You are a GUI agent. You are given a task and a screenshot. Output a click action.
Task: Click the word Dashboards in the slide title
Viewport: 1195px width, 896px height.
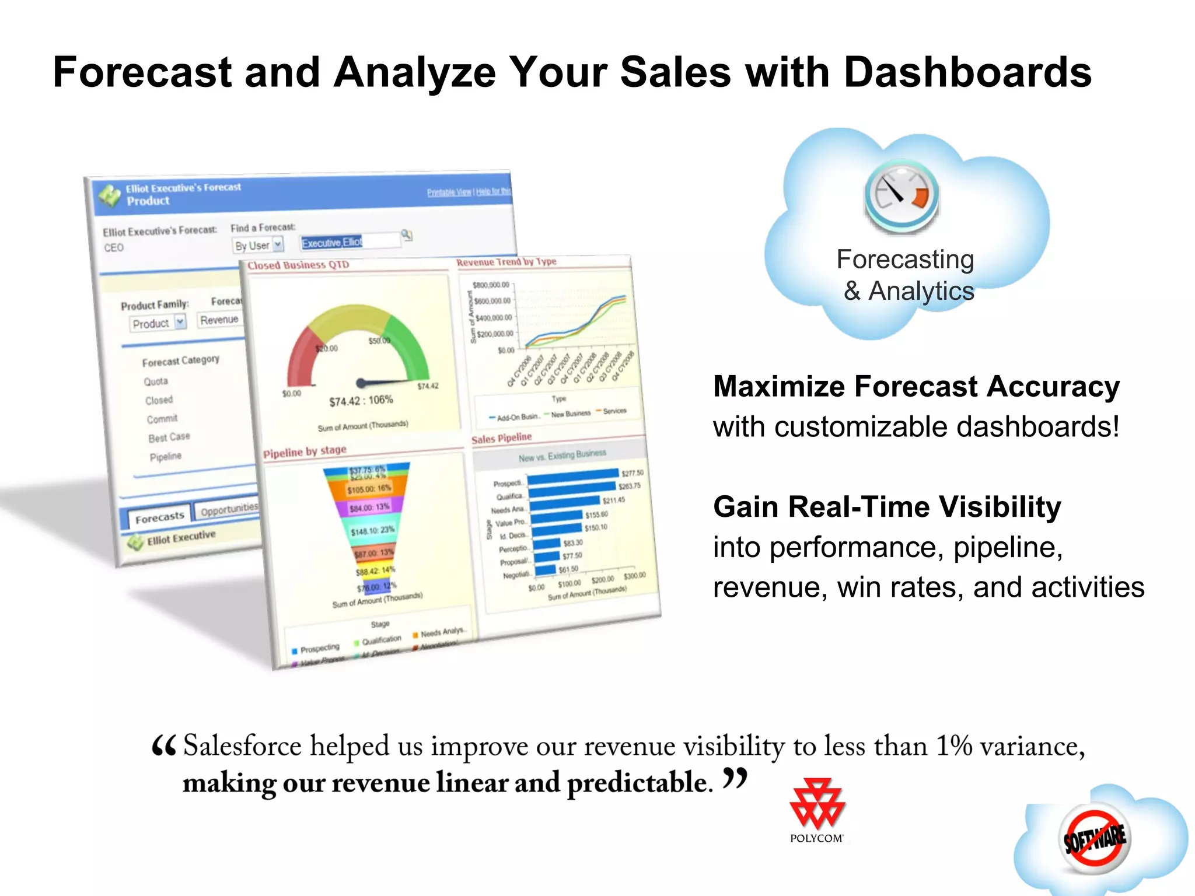point(967,72)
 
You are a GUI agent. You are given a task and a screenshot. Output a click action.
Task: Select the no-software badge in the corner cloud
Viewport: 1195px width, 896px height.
point(1095,839)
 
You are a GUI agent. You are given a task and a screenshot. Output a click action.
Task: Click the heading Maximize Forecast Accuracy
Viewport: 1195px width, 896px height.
point(916,387)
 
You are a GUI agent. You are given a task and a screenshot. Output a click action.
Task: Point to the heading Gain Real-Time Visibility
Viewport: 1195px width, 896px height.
point(887,507)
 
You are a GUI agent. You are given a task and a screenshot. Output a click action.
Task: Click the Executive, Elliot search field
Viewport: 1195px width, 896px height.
point(349,242)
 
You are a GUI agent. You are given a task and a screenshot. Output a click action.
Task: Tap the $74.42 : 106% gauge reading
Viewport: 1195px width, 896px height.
point(361,401)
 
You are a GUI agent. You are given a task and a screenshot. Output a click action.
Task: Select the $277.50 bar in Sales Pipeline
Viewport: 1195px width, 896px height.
point(572,476)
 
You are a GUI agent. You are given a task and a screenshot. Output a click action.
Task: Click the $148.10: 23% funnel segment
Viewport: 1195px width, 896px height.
point(372,530)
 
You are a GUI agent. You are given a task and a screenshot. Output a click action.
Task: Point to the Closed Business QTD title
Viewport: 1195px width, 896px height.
point(298,265)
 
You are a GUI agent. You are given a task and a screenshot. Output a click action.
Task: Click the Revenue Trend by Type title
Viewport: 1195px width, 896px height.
point(506,262)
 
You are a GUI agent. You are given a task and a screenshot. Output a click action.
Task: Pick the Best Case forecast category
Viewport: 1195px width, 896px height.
point(169,437)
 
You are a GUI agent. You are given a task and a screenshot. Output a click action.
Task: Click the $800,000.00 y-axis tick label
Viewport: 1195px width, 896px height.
point(491,285)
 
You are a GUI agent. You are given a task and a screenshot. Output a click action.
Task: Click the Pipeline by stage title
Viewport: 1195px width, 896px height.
point(305,451)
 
